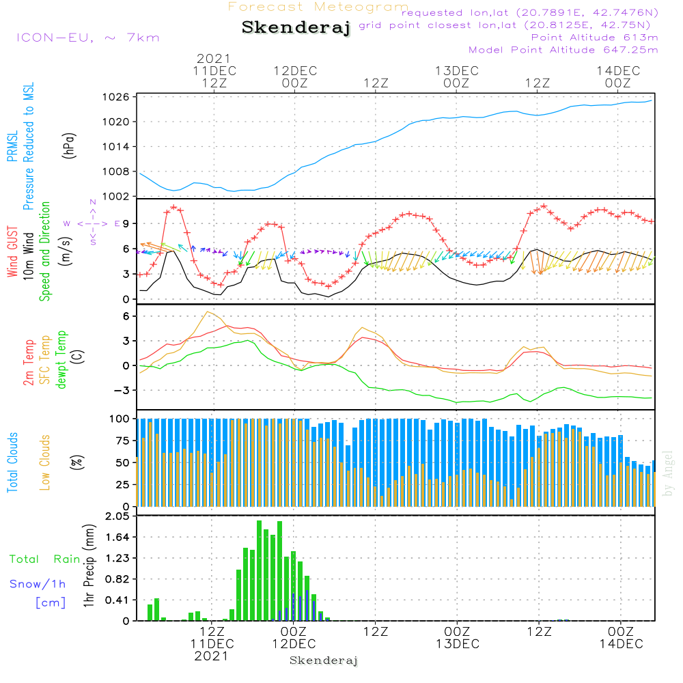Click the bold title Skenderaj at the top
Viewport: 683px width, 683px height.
click(296, 28)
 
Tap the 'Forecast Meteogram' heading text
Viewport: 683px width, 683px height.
click(318, 8)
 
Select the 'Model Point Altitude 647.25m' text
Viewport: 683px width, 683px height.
click(563, 50)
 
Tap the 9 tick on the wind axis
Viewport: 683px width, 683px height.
click(126, 223)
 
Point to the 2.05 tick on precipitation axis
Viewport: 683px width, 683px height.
click(117, 517)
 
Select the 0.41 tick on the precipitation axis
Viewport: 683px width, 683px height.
click(117, 600)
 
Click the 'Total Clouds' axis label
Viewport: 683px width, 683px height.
click(13, 462)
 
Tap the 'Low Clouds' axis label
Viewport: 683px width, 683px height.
click(45, 462)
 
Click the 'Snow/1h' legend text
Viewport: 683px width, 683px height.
click(38, 585)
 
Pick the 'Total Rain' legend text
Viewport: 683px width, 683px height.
click(45, 559)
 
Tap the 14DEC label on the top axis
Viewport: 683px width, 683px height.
click(618, 71)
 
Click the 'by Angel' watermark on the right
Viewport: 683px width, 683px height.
click(668, 475)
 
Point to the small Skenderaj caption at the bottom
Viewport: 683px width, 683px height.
click(324, 660)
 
